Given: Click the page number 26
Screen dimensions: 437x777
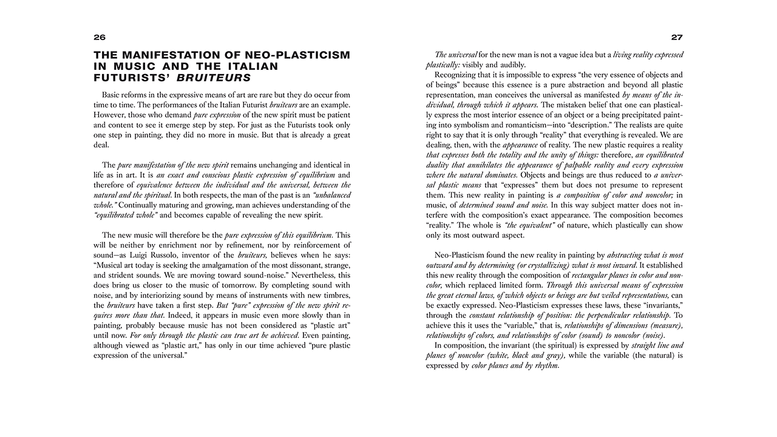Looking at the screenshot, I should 100,38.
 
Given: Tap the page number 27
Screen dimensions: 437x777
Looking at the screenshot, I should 677,38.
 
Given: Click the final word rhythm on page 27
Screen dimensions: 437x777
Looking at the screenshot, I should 546,366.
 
